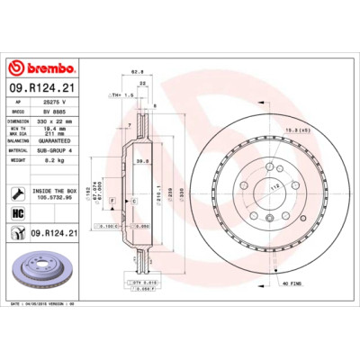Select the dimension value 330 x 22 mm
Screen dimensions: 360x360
[x=54, y=120]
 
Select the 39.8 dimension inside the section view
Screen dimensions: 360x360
[x=141, y=163]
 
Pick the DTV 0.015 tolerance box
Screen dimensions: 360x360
[x=145, y=283]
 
